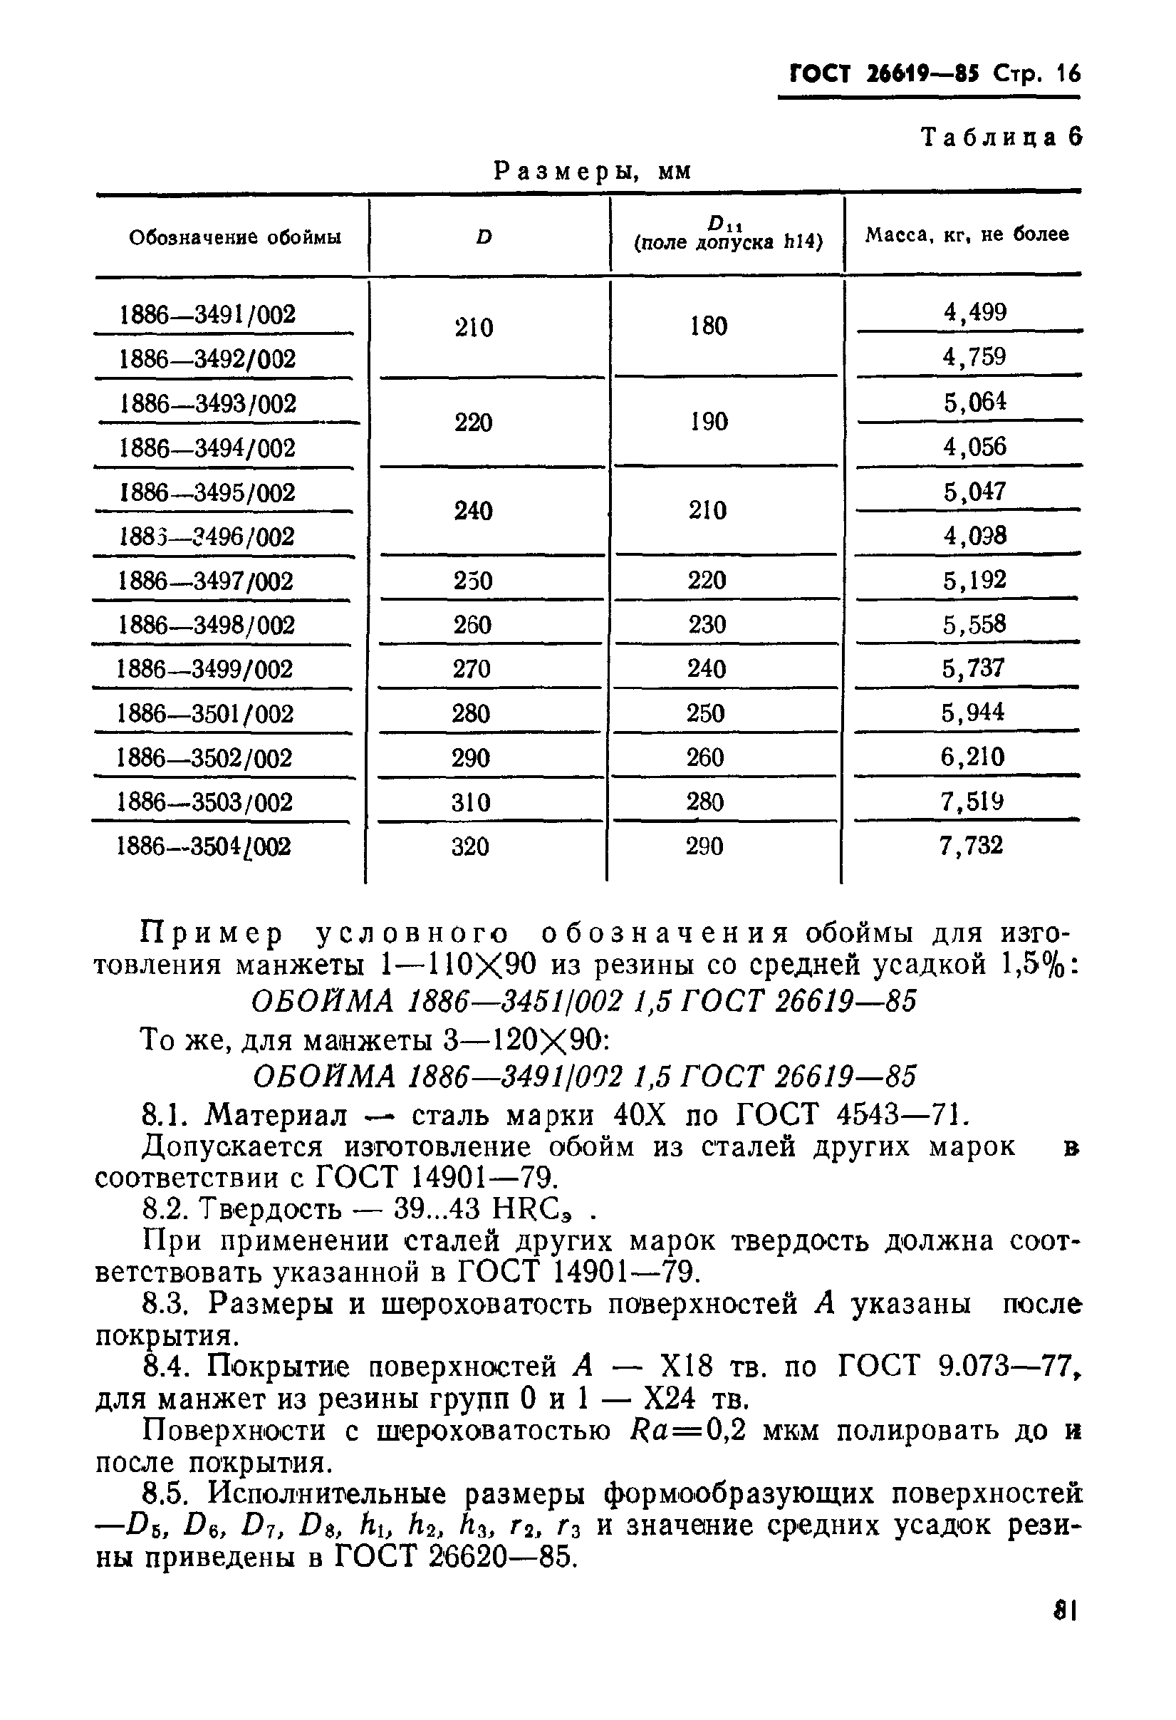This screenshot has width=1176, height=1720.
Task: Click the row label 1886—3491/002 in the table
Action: click(x=207, y=314)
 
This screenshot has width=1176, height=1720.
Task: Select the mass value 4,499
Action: click(x=974, y=312)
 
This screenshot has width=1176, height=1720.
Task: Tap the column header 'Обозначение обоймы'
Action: click(x=234, y=237)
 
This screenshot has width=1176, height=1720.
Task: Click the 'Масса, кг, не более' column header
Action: click(x=967, y=235)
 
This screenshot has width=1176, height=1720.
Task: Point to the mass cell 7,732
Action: click(x=971, y=845)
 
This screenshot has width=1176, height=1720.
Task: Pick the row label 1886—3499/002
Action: click(x=205, y=669)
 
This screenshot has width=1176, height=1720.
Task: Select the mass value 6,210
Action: click(x=972, y=757)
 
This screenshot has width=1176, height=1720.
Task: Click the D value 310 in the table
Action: click(x=471, y=802)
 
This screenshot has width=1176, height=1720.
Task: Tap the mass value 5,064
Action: click(x=974, y=402)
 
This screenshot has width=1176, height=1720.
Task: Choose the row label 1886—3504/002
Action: click(x=204, y=846)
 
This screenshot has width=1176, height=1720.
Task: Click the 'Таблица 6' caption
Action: click(x=1001, y=137)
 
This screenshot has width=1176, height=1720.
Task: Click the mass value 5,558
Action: click(x=974, y=624)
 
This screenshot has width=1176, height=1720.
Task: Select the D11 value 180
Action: click(x=709, y=326)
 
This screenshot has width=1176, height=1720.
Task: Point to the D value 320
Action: click(x=471, y=846)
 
